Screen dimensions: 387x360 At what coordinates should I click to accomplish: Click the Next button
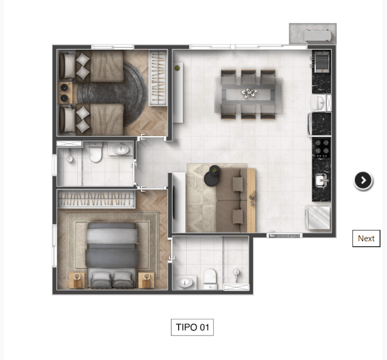(366, 239)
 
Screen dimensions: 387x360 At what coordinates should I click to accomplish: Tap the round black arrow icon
(363, 180)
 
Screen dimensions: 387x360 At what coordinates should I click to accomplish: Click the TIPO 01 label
(192, 327)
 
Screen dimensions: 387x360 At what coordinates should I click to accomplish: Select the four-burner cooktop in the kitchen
(322, 149)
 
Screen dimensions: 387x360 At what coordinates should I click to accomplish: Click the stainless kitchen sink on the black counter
(322, 180)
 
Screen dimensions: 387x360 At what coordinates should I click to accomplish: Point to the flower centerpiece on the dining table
(249, 93)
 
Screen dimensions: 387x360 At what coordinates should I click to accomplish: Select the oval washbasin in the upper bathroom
(121, 149)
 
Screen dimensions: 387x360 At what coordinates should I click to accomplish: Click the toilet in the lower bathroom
(211, 279)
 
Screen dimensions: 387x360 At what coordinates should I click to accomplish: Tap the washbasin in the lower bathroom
(185, 282)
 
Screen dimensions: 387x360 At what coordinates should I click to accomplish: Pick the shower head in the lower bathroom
(236, 274)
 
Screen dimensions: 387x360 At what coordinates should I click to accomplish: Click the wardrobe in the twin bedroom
(158, 78)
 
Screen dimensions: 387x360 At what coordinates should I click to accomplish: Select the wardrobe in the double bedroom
(96, 199)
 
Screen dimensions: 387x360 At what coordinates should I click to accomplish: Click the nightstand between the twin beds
(65, 93)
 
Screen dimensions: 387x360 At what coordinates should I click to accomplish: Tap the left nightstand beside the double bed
(77, 280)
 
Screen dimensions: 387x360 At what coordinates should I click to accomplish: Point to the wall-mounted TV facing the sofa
(174, 202)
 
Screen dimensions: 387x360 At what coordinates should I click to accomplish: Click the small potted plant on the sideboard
(177, 68)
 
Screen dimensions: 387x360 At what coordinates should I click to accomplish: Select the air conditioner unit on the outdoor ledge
(318, 36)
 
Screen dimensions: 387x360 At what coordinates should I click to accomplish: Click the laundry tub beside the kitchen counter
(318, 218)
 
